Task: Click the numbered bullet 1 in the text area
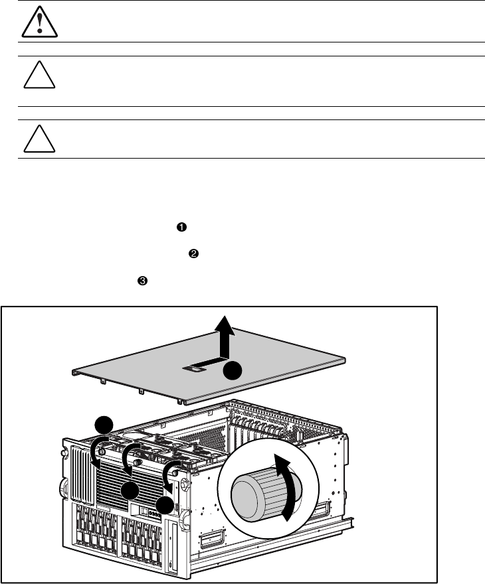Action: pos(180,228)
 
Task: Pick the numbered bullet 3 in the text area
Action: pos(142,281)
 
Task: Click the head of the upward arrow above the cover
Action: pos(227,325)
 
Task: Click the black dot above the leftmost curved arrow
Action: pos(103,425)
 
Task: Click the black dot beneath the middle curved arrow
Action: pos(130,491)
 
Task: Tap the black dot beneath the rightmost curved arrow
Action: pos(165,506)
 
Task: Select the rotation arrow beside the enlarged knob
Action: pos(286,488)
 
